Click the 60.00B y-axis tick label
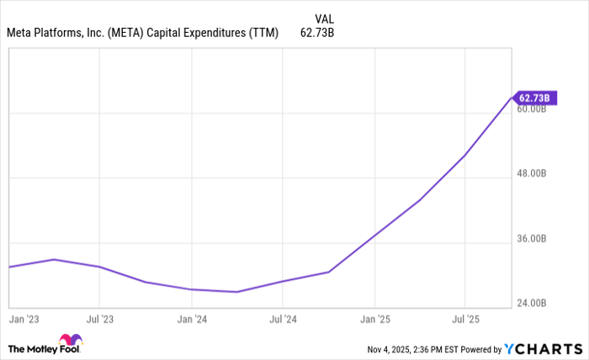[x=533, y=109]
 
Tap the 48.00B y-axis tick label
[x=533, y=174]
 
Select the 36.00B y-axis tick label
[x=533, y=239]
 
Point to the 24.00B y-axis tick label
[x=533, y=303]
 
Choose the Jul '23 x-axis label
[x=100, y=320]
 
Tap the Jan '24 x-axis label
[x=192, y=320]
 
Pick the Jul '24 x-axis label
[x=283, y=320]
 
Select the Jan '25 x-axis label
[x=374, y=320]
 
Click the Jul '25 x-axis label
[x=465, y=320]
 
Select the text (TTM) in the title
[x=263, y=34]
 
